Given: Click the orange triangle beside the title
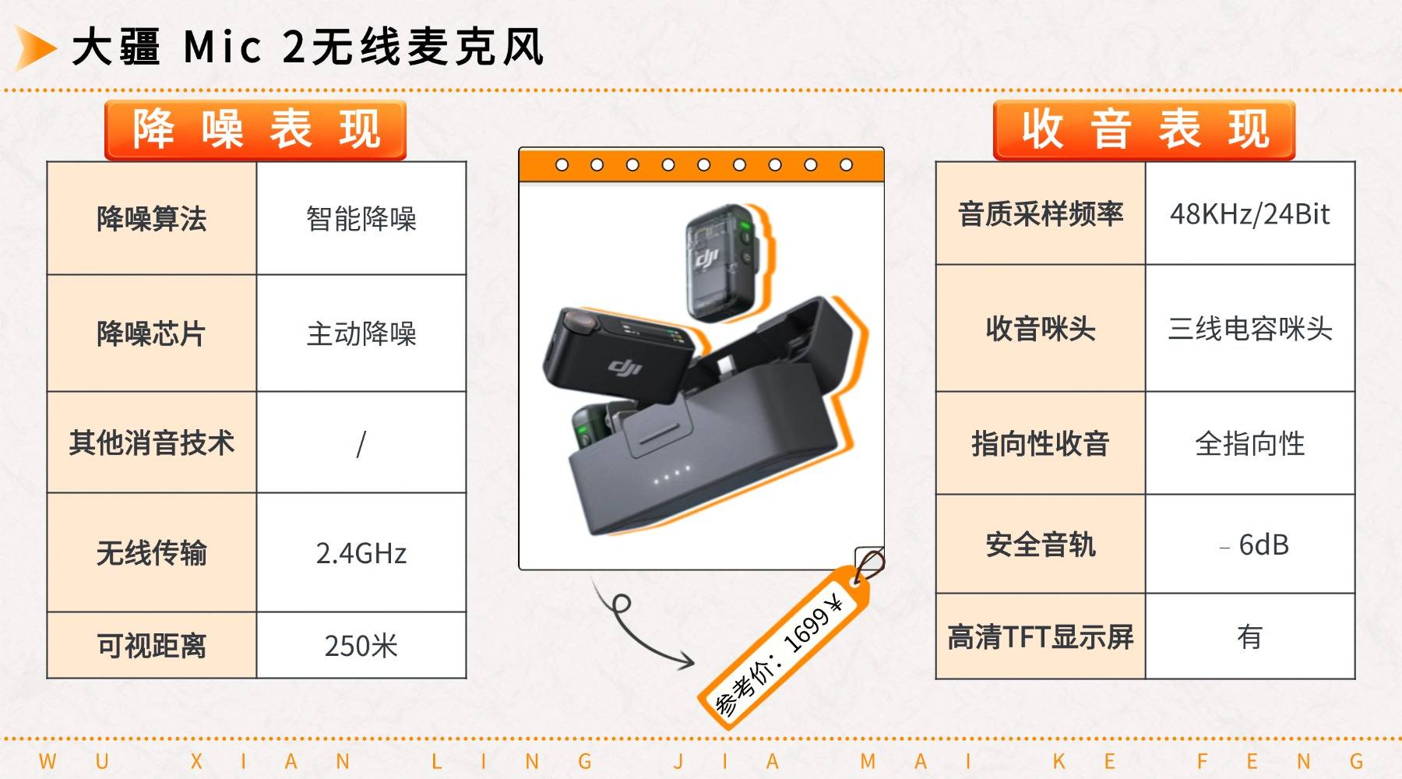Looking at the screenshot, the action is click(x=34, y=48).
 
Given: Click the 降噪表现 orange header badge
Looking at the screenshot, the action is click(x=255, y=130).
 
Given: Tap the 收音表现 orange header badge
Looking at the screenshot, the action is click(x=1144, y=130).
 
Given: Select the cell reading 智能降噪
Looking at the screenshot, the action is click(x=361, y=219).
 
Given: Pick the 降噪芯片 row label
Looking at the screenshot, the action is click(x=152, y=333).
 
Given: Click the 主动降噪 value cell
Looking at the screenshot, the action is click(x=361, y=333).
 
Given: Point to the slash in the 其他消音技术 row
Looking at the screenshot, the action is click(x=361, y=444).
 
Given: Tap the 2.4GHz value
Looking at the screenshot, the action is click(x=361, y=553).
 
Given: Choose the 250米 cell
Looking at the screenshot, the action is click(x=361, y=646).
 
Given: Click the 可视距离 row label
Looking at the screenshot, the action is click(x=152, y=646).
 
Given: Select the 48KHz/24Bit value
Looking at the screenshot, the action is click(x=1250, y=213).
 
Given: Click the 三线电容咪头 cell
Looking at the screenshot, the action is click(x=1250, y=329).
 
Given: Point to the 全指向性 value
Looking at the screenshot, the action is click(x=1250, y=444).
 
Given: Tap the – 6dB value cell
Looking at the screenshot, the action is click(x=1250, y=545).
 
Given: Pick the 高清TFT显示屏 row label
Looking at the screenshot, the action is click(x=1041, y=637).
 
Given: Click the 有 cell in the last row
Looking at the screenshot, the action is click(x=1250, y=637).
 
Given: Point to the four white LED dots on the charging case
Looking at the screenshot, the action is click(x=672, y=475).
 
